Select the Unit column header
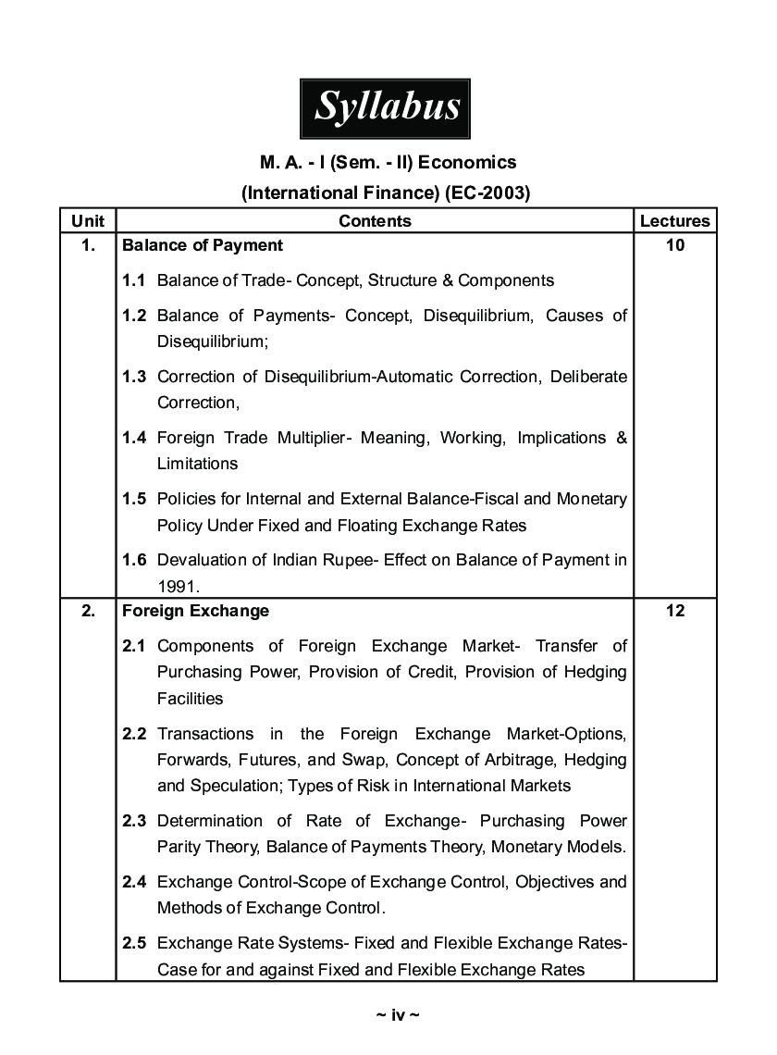[88, 220]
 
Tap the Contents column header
[375, 220]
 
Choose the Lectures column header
[675, 220]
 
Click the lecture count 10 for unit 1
[675, 245]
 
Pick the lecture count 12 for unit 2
[675, 611]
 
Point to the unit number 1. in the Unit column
[88, 245]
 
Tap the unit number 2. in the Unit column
[88, 611]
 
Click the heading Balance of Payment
[203, 245]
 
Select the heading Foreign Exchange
[195, 611]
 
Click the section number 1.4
[134, 438]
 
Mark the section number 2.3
[134, 821]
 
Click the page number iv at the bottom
[398, 1015]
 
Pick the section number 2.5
[134, 944]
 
